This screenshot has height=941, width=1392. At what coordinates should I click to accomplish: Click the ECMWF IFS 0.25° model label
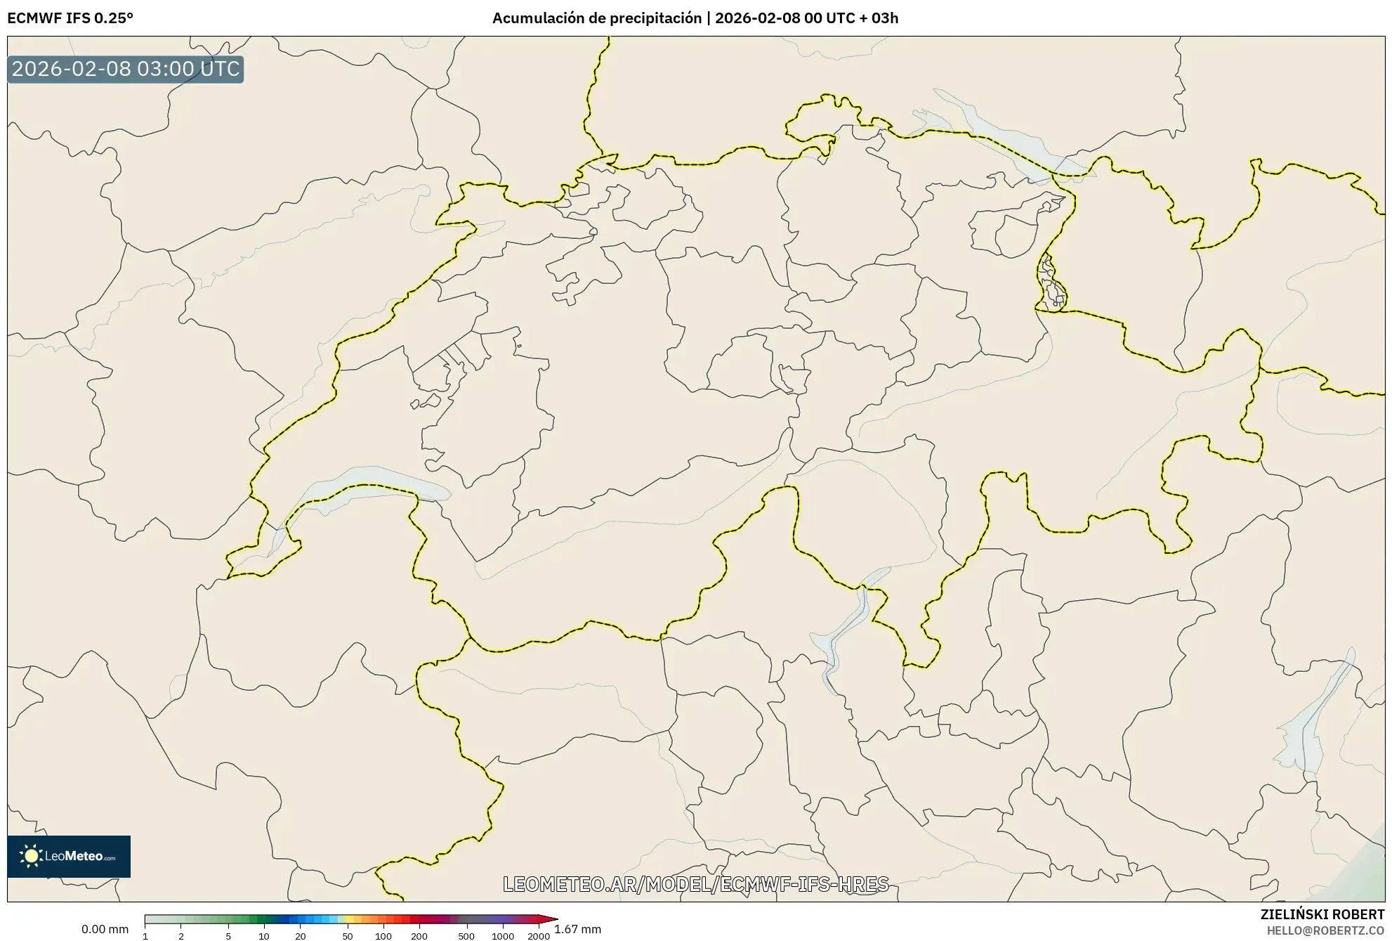click(70, 18)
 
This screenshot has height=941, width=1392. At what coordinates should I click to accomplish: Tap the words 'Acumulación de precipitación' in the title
click(596, 18)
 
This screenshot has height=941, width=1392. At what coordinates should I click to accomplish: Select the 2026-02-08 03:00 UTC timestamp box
click(126, 70)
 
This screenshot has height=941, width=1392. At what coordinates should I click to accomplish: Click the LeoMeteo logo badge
click(69, 856)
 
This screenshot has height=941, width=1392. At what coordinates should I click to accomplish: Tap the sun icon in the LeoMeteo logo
click(31, 856)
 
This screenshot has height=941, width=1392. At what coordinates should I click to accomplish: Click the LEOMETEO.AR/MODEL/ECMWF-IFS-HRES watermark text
click(695, 884)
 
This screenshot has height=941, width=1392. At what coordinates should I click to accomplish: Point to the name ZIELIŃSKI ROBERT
click(1322, 914)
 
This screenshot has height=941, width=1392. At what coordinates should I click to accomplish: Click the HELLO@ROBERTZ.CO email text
click(1325, 930)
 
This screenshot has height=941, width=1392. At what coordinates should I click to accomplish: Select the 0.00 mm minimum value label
click(105, 929)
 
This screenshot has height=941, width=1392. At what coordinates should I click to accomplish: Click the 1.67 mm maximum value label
click(578, 929)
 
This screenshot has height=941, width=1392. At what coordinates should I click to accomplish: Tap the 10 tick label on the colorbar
click(264, 936)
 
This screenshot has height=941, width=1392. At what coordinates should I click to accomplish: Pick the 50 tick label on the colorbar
click(347, 936)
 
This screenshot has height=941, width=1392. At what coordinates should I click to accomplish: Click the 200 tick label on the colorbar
click(419, 936)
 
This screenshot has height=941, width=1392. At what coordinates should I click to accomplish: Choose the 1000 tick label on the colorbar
click(503, 936)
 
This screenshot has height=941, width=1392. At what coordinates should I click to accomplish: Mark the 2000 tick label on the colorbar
click(539, 936)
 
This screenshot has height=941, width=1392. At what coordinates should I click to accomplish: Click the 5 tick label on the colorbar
click(228, 936)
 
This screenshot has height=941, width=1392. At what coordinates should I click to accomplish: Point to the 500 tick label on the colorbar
click(466, 936)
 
